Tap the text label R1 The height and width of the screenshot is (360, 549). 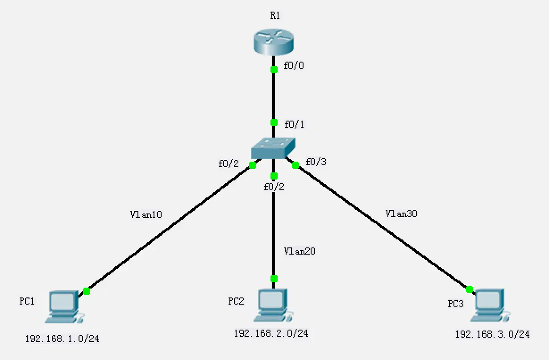[x=275, y=16]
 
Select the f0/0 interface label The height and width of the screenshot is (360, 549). [x=294, y=66]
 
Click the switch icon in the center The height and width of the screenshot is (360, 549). [x=273, y=148]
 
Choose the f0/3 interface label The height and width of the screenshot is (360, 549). [x=316, y=162]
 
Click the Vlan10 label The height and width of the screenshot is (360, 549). [x=146, y=214]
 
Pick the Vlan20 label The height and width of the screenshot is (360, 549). [x=299, y=251]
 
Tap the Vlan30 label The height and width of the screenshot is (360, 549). [x=401, y=213]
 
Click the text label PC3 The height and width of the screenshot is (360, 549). [x=456, y=304]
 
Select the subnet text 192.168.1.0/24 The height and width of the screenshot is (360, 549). [x=62, y=339]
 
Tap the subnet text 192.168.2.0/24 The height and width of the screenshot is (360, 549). [x=271, y=333]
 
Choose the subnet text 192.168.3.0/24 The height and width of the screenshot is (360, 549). [x=492, y=334]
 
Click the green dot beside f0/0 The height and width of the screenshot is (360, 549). [x=274, y=69]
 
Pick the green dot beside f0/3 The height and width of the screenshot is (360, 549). [x=295, y=166]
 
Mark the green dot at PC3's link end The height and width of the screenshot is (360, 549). [x=469, y=289]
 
